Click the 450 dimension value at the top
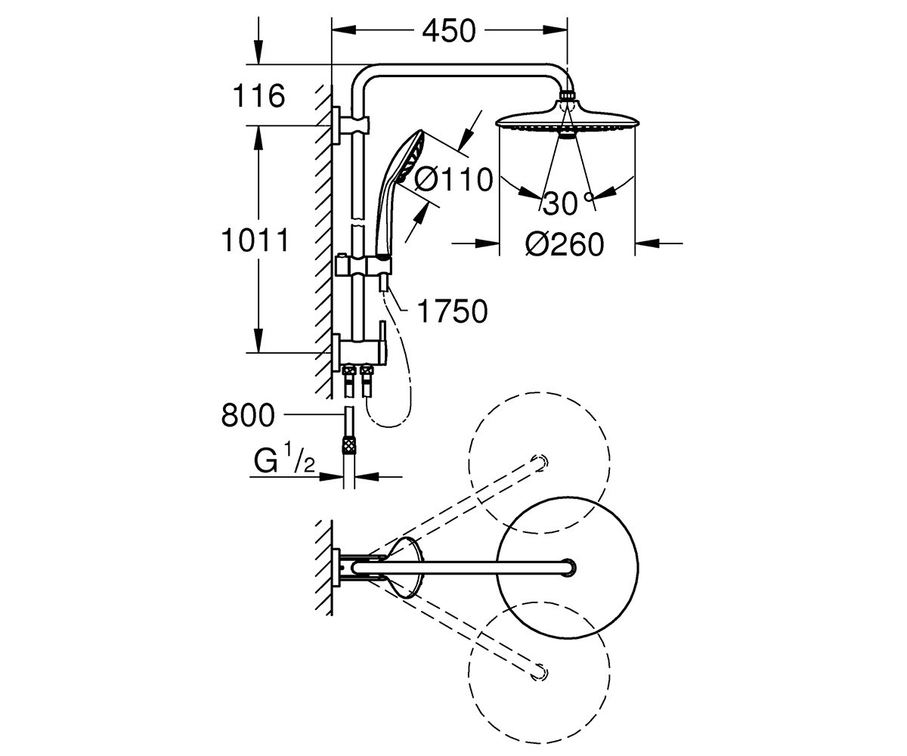(449, 31)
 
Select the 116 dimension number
(259, 96)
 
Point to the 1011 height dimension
(255, 240)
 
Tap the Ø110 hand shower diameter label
(453, 179)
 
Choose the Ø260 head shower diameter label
(565, 244)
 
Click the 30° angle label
(568, 203)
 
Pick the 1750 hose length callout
(452, 311)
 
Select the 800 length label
(248, 415)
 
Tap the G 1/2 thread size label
(285, 460)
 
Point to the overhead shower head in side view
(568, 116)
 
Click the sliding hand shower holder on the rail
(364, 265)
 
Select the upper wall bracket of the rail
(351, 125)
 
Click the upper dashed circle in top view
(539, 463)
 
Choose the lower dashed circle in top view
(539, 673)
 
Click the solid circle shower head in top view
(568, 568)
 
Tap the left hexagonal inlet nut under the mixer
(348, 371)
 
